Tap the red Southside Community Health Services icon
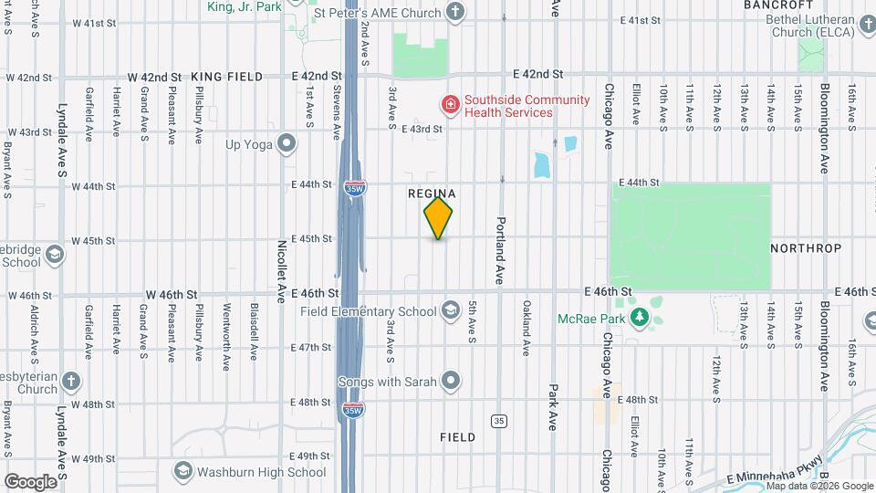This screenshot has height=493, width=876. click(x=450, y=105)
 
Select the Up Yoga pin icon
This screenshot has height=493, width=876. click(x=287, y=143)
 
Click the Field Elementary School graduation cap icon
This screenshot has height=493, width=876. click(x=450, y=311)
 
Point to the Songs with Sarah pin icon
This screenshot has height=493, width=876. click(x=450, y=381)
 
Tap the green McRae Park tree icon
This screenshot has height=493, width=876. click(x=640, y=319)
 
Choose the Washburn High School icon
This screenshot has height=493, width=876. click(x=182, y=472)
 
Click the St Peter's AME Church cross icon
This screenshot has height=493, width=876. click(x=456, y=12)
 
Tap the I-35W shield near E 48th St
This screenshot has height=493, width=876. click(x=353, y=410)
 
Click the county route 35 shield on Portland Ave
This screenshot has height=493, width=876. click(x=498, y=421)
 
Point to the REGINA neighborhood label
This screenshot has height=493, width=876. click(x=432, y=194)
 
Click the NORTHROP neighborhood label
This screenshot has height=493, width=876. click(x=806, y=248)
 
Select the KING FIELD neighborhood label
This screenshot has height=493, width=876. click(x=234, y=77)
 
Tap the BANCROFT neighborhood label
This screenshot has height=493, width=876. click(x=777, y=5)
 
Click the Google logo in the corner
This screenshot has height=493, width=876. click(x=30, y=481)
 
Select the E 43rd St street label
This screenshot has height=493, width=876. click(x=422, y=130)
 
